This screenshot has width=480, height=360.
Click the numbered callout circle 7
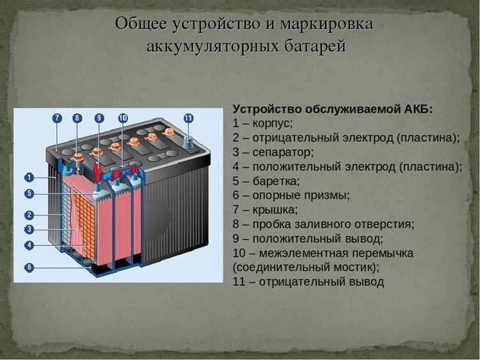click(x=57, y=118)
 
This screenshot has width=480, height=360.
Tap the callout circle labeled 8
click(x=77, y=118)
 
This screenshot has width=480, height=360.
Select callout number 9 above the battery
click(x=99, y=118)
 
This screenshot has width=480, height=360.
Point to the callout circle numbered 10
click(x=123, y=118)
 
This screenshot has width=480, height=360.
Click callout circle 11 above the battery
click(x=188, y=118)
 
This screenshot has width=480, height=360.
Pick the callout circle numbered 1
click(x=29, y=177)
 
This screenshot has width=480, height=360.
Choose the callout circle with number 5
click(x=29, y=193)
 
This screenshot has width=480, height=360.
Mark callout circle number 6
click(x=29, y=267)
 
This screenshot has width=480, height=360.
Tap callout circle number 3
click(x=29, y=229)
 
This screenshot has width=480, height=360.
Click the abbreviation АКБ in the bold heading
click(x=419, y=109)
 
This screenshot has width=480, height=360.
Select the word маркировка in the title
click(x=328, y=24)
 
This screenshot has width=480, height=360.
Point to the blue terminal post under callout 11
click(x=189, y=142)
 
